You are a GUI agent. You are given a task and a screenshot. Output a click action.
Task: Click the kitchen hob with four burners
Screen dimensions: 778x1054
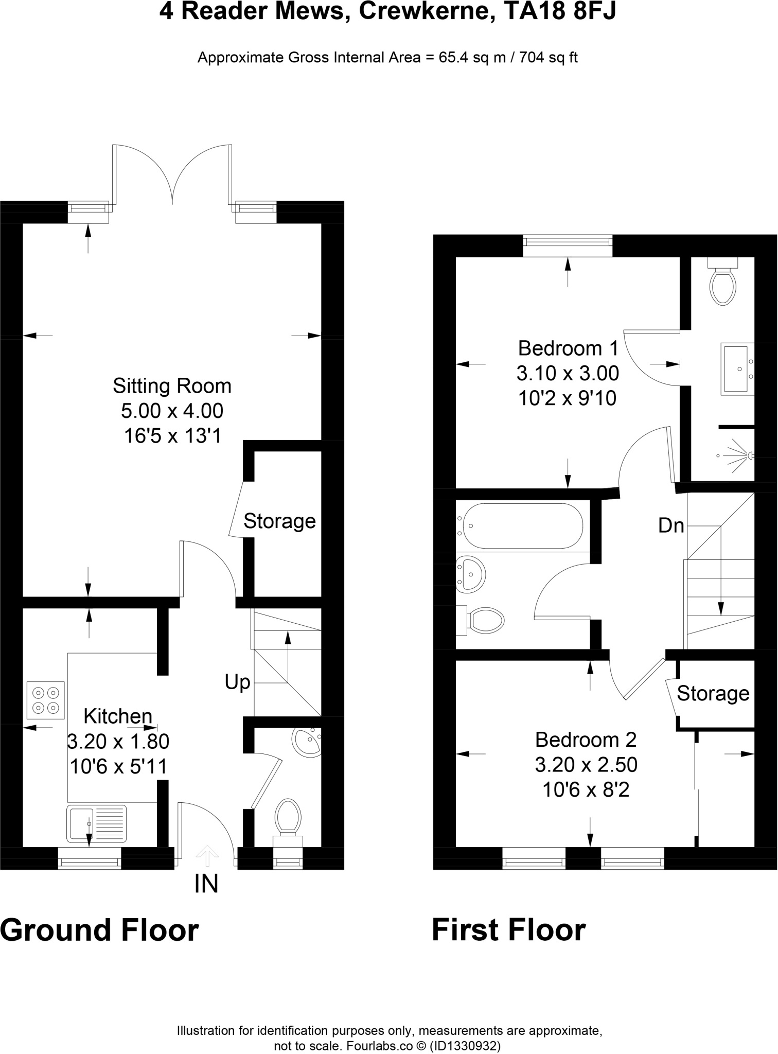click(46, 700)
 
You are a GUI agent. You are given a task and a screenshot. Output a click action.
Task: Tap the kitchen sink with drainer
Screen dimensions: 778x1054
click(96, 823)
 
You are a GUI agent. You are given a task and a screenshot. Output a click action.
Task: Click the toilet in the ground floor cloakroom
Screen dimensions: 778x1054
click(288, 822)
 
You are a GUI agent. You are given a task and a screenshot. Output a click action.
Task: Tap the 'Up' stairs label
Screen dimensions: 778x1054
click(237, 683)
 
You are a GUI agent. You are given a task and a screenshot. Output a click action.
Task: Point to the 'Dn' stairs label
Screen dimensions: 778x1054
click(671, 525)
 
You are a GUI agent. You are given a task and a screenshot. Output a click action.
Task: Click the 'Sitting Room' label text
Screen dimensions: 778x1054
click(172, 386)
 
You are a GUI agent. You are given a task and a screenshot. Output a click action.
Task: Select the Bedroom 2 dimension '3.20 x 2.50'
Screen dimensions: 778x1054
click(586, 765)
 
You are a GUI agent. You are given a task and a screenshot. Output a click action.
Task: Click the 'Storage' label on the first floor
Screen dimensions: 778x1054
click(713, 694)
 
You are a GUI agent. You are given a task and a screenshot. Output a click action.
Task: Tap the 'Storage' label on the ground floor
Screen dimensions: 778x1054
click(279, 521)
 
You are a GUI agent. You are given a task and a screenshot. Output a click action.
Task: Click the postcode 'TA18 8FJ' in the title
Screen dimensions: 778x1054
click(560, 11)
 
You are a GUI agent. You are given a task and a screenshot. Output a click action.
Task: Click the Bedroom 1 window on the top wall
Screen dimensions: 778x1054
click(568, 245)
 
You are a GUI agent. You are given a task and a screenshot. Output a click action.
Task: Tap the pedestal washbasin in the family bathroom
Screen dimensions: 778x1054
click(470, 572)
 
